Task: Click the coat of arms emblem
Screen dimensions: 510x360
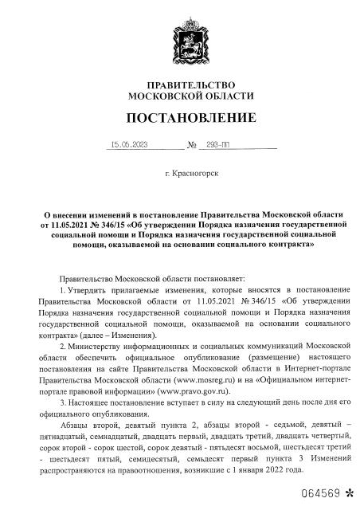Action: (x=179, y=41)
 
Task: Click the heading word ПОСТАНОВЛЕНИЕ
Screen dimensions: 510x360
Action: (x=179, y=119)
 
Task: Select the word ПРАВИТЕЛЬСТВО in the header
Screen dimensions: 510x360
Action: (x=179, y=84)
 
